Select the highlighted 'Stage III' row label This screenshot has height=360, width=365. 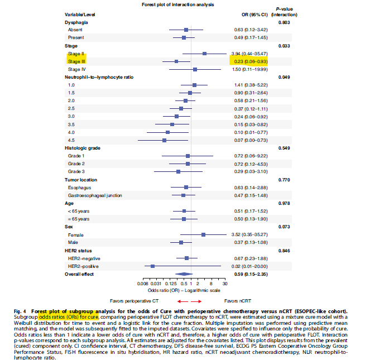(77, 61)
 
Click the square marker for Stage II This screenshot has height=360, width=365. (205, 53)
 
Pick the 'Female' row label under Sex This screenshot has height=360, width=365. (75, 235)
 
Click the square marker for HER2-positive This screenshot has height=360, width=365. (152, 266)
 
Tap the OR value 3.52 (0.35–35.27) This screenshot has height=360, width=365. (252, 235)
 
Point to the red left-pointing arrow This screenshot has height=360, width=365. (176, 301)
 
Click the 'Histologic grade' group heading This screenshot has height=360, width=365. (83, 148)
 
